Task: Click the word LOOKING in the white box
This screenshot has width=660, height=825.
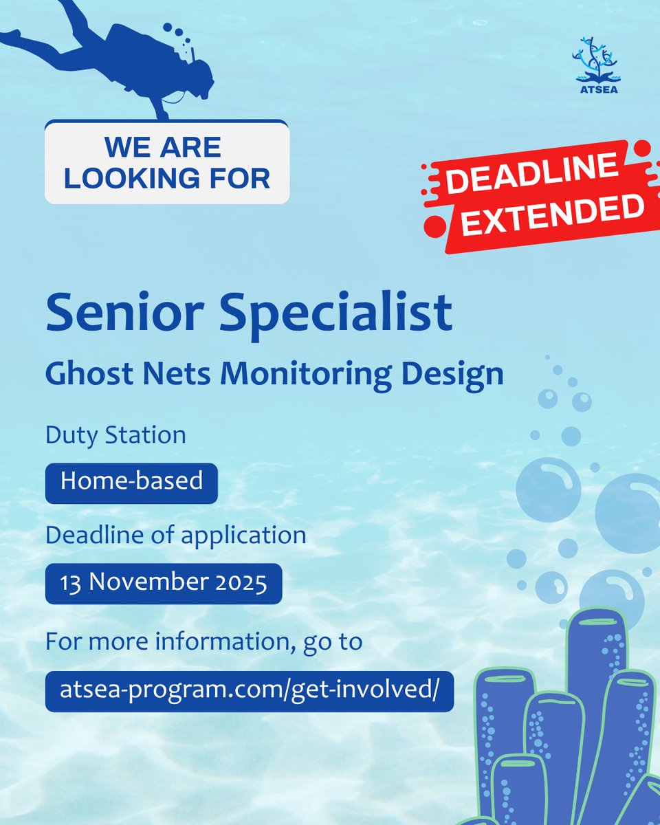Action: (127, 178)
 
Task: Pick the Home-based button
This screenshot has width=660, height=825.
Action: (131, 481)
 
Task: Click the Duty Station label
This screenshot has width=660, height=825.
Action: (115, 435)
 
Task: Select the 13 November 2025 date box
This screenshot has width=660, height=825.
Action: (164, 583)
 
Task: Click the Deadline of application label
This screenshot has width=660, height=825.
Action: (175, 534)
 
